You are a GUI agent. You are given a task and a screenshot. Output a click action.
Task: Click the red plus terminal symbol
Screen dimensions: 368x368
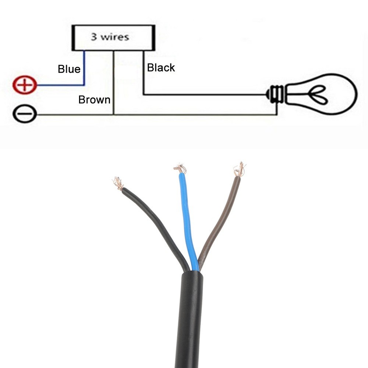[25, 85]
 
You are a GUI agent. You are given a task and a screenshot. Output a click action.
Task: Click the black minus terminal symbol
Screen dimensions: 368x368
[25, 114]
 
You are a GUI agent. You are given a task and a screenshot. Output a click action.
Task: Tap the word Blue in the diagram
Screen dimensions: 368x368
[69, 69]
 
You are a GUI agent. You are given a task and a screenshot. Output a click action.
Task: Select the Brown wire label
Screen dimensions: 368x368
[94, 100]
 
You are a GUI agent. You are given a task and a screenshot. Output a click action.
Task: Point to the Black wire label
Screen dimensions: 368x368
[161, 68]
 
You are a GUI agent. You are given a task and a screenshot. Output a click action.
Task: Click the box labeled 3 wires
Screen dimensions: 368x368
[113, 38]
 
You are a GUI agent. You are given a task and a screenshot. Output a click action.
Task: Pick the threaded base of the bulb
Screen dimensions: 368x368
[276, 94]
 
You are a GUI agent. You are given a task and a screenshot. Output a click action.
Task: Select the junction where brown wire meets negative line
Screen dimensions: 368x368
[114, 115]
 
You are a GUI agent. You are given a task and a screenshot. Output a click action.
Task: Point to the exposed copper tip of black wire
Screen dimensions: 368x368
[118, 183]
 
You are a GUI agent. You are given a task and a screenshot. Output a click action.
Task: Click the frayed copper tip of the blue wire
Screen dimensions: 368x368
[180, 169]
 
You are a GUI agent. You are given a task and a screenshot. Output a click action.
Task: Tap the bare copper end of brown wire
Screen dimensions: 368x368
[240, 170]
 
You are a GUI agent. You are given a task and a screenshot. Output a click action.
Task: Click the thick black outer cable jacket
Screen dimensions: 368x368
[190, 320]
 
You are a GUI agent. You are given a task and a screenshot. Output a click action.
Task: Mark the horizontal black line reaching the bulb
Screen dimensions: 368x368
[206, 95]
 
